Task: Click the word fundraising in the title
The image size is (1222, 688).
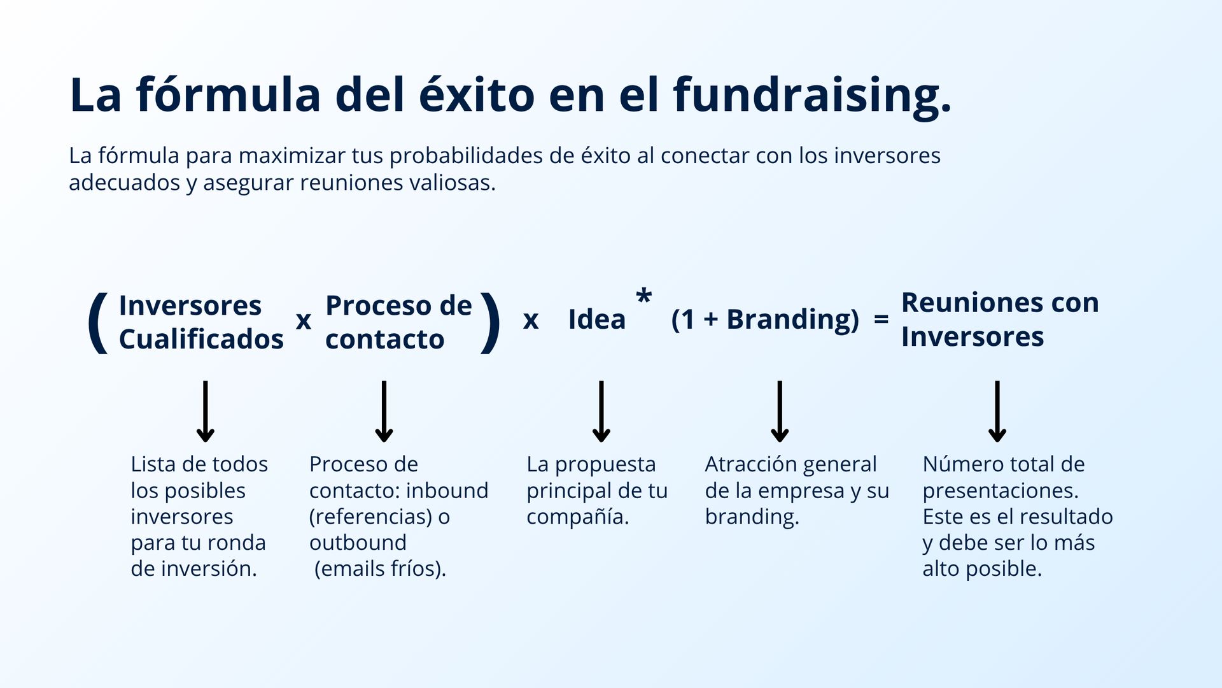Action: point(812,96)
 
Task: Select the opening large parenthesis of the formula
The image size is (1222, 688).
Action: point(98,322)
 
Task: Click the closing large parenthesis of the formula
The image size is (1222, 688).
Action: point(490,322)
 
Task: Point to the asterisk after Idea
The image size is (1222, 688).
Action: point(644,297)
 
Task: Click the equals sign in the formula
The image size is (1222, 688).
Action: point(881,320)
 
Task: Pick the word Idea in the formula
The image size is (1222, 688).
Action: point(596,320)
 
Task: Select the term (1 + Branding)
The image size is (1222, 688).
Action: point(765,320)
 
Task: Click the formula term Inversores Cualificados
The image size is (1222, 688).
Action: point(200,322)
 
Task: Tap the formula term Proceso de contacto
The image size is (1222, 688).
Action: point(398,322)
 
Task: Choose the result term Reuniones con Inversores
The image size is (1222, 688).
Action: point(999,320)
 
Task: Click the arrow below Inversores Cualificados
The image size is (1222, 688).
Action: point(205,412)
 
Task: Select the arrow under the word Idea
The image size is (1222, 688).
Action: point(601,412)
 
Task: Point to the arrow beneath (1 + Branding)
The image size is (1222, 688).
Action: point(780,412)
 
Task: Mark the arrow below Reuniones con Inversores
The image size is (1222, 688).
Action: point(997,412)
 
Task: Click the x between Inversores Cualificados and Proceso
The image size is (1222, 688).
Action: point(304,321)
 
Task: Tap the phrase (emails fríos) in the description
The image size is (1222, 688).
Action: point(380,569)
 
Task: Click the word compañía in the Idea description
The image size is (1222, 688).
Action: point(577,517)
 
